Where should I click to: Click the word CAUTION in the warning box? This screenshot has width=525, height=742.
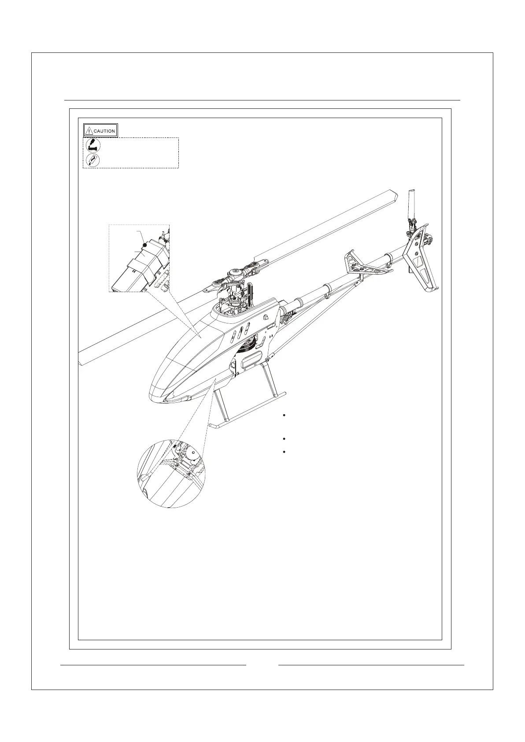pyautogui.click(x=104, y=131)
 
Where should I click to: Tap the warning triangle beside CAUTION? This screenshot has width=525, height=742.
pyautogui.click(x=89, y=131)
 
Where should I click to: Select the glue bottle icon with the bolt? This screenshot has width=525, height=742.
pyautogui.click(x=93, y=145)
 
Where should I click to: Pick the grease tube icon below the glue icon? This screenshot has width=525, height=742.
pyautogui.click(x=93, y=160)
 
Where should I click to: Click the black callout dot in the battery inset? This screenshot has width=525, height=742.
pyautogui.click(x=145, y=245)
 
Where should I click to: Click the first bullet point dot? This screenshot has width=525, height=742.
pyautogui.click(x=285, y=416)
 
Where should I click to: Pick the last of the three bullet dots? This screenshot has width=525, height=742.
pyautogui.click(x=285, y=453)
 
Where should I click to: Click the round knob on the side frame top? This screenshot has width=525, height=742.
pyautogui.click(x=266, y=318)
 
